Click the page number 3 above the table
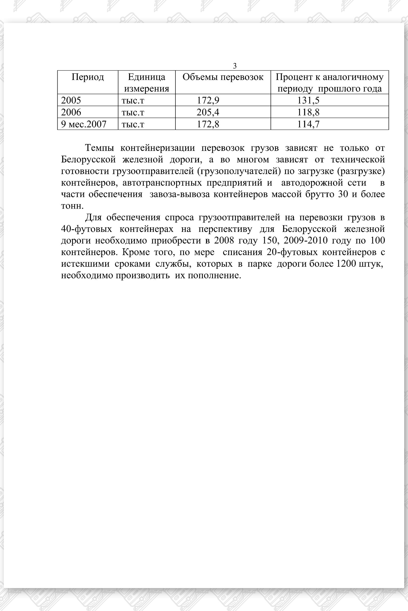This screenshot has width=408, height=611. coord(235,66)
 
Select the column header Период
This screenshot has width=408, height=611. coord(88,77)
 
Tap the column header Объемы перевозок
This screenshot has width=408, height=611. coord(223,77)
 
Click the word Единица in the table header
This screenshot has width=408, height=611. coord(146,77)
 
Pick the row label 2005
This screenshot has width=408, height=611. coord(71,100)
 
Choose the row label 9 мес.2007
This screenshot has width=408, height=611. coord(84,124)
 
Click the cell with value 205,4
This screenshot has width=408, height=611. coord(208,112)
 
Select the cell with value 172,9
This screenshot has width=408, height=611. coord(208,100)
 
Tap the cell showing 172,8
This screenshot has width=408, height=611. coord(208,124)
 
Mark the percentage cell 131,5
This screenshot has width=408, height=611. coord(308,100)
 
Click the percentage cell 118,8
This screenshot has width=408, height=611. coord(308,112)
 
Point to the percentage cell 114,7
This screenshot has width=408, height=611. coord(308,124)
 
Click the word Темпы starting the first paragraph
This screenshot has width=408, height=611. coord(100,148)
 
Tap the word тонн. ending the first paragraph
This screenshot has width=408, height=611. coord(72,206)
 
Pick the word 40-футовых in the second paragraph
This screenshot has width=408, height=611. coord(86,229)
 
